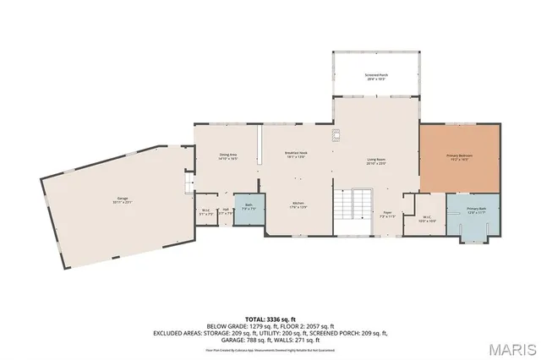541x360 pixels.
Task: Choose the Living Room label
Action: coord(375,161)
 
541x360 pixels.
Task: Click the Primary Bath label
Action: coord(476,210)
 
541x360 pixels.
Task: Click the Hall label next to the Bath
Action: coord(226,211)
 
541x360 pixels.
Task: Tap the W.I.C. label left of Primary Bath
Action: coord(426,218)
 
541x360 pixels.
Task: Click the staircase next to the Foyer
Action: coord(352,210)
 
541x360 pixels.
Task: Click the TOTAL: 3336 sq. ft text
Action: coord(270,319)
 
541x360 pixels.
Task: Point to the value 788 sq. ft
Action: coord(257,340)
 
